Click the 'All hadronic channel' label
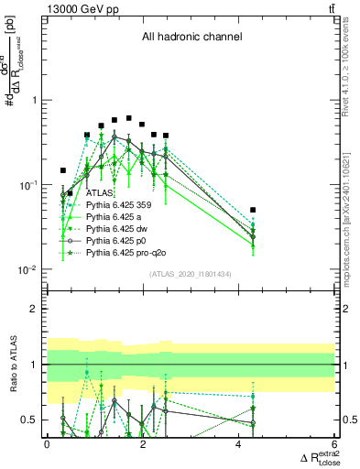coord(191,38)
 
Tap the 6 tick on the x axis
coord(334,444)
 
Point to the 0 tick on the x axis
coord(47,444)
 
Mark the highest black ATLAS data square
coord(129,118)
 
